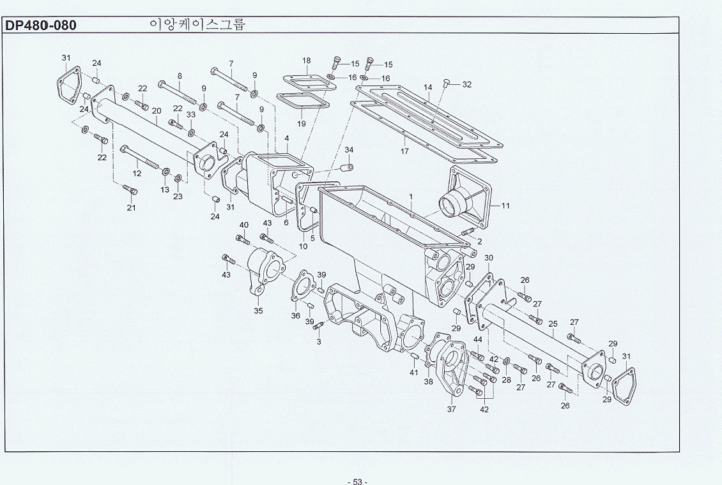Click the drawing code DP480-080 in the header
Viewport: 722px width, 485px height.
pyautogui.click(x=40, y=26)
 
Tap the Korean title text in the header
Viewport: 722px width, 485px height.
pyautogui.click(x=197, y=24)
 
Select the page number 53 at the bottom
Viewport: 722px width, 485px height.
pyautogui.click(x=357, y=481)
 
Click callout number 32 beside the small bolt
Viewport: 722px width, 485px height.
pyautogui.click(x=466, y=85)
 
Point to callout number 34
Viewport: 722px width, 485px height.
pyautogui.click(x=349, y=150)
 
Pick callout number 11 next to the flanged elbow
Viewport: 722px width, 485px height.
pyautogui.click(x=505, y=205)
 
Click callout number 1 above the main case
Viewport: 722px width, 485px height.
pyautogui.click(x=411, y=197)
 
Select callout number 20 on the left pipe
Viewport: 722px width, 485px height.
pyautogui.click(x=157, y=111)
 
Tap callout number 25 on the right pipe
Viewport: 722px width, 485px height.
pyautogui.click(x=553, y=324)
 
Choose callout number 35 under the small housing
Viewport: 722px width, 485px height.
pyautogui.click(x=258, y=311)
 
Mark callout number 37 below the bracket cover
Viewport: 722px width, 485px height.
pyautogui.click(x=451, y=409)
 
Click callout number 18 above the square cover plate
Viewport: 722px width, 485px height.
pyautogui.click(x=307, y=60)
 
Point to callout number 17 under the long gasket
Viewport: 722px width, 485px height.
pyautogui.click(x=404, y=151)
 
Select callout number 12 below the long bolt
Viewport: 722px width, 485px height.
pyautogui.click(x=137, y=174)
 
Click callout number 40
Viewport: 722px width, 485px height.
pyautogui.click(x=244, y=225)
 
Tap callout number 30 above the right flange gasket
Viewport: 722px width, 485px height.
pyautogui.click(x=489, y=258)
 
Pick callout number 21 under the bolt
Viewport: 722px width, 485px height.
pyautogui.click(x=131, y=207)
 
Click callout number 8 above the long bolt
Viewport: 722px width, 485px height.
pyautogui.click(x=180, y=76)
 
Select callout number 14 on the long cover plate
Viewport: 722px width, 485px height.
pyautogui.click(x=428, y=87)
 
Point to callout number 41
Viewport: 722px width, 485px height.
pyautogui.click(x=414, y=372)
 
